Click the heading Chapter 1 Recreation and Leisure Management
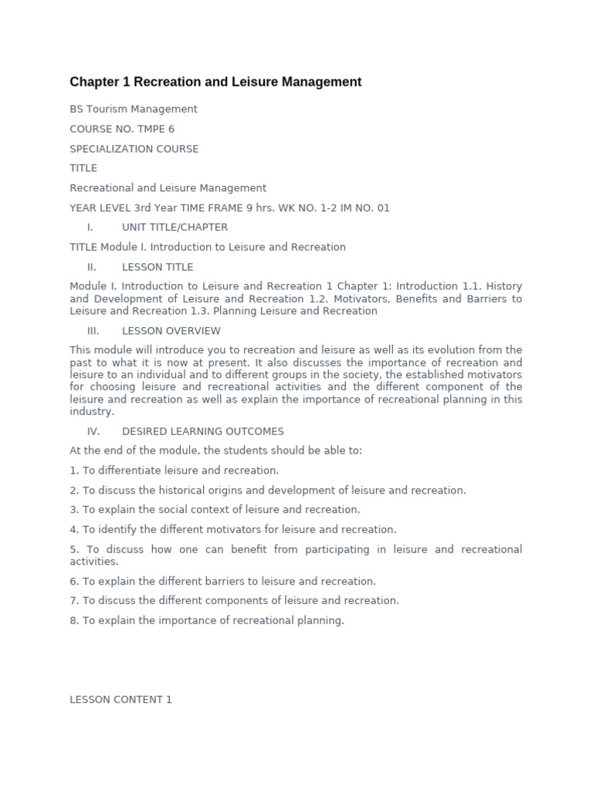(215, 82)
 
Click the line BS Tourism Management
(134, 110)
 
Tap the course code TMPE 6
(157, 129)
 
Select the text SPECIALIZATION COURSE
(134, 149)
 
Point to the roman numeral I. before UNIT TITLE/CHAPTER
(90, 228)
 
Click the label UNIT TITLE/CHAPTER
(175, 228)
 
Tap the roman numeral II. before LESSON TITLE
(92, 267)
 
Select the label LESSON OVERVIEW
(171, 331)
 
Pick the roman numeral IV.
(93, 431)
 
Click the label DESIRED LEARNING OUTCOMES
(203, 431)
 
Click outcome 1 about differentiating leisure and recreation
(175, 471)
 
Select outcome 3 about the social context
(215, 510)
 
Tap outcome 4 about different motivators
(233, 530)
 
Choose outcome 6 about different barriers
(223, 581)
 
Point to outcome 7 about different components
(235, 601)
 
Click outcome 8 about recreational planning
(207, 620)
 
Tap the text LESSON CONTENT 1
(121, 700)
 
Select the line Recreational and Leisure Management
(168, 188)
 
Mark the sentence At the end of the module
(216, 451)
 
